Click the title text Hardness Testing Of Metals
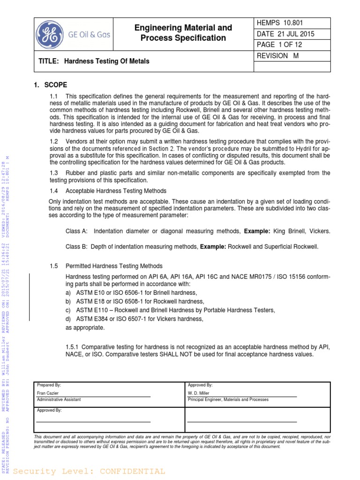tap(106, 61)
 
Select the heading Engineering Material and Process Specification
tap(183, 33)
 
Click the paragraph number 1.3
tap(54, 173)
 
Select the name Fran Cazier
tap(48, 393)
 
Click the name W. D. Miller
tap(198, 393)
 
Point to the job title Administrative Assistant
tap(59, 399)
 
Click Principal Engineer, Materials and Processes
tap(228, 399)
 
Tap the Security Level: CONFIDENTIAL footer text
tap(89, 471)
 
